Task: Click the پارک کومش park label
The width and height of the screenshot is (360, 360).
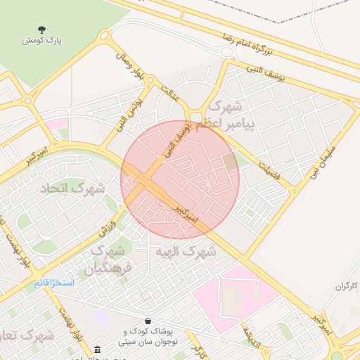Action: click(41, 41)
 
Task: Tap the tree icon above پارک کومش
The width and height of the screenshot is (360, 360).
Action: click(41, 30)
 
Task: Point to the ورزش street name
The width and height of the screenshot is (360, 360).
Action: click(105, 225)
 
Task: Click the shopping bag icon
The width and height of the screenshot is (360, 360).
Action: click(148, 320)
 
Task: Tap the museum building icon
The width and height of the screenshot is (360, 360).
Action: click(97, 349)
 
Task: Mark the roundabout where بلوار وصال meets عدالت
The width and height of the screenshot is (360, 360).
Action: click(149, 81)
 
